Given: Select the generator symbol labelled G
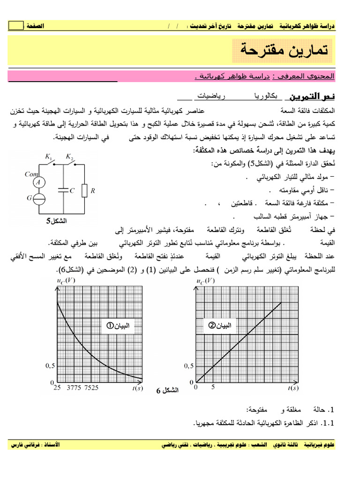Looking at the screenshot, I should [x=40, y=198].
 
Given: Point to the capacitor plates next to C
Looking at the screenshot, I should [x=63, y=190].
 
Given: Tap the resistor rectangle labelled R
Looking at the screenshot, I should [x=84, y=191].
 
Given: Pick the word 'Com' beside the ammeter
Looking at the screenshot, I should [x=31, y=174].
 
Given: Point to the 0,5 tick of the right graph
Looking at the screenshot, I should [x=189, y=366].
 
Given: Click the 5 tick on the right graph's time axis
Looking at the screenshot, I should [x=213, y=388].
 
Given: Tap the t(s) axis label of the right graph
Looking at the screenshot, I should [x=293, y=388].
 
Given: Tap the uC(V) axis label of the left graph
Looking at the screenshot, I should [x=65, y=280].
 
